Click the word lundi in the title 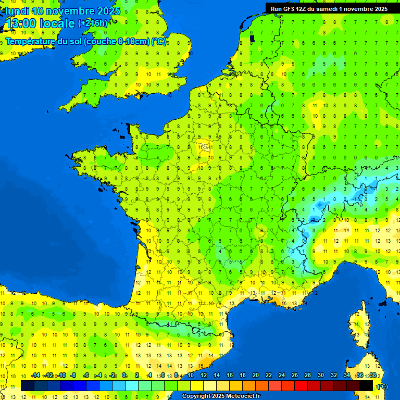(17, 11)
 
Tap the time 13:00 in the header (20, 23)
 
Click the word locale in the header (56, 23)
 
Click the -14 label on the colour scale (35, 376)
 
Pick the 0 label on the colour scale (124, 376)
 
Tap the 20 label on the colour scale (256, 376)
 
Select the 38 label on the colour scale (373, 376)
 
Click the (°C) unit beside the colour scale (382, 386)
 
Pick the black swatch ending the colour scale (366, 386)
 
